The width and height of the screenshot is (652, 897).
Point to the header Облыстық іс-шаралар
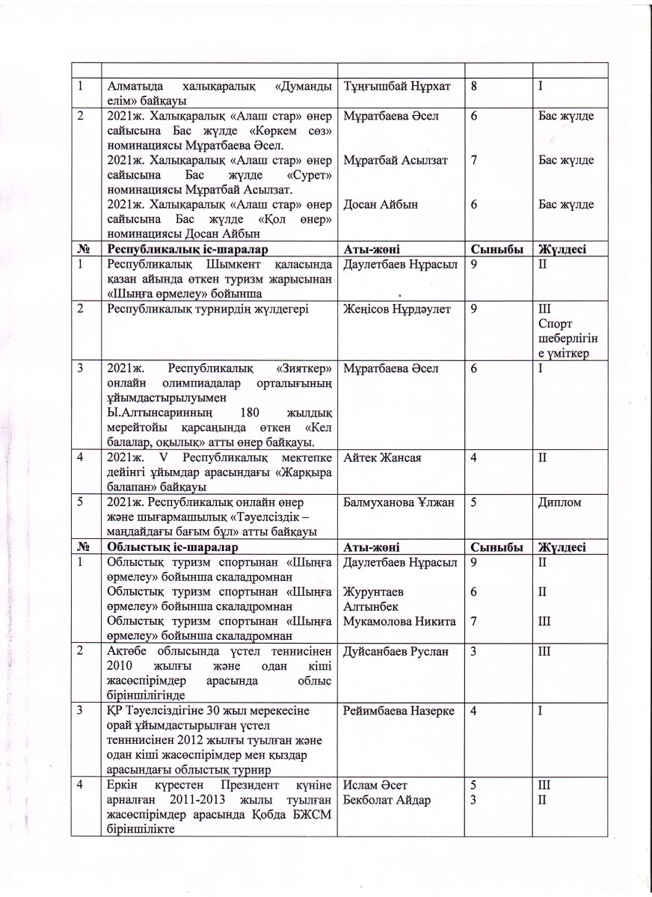pos(172,547)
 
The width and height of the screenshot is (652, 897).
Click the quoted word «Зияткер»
pos(304,368)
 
